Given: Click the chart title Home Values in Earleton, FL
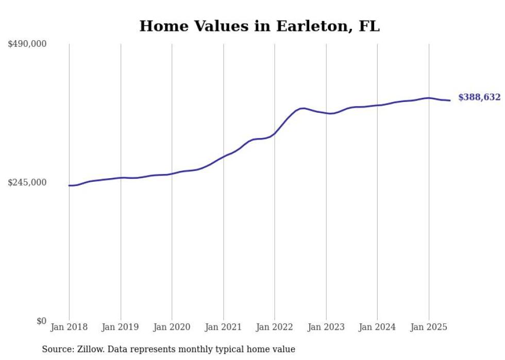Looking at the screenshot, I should click(x=259, y=26).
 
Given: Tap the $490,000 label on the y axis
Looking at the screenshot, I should click(x=27, y=44).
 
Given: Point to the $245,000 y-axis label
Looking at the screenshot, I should click(x=27, y=182).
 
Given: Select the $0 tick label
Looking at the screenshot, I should click(x=41, y=321).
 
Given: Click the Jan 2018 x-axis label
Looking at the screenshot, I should click(x=69, y=327).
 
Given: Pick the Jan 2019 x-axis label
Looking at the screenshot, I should click(x=120, y=327).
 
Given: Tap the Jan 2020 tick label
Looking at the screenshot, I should click(x=172, y=327).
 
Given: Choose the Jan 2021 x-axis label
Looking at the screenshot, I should click(x=223, y=327).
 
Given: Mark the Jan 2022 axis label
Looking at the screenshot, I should click(x=274, y=327).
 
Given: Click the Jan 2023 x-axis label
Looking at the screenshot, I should click(x=326, y=327).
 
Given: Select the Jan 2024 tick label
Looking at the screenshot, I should click(x=377, y=327).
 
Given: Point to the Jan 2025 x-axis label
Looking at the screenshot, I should click(x=428, y=327).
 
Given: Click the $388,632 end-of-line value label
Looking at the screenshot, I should click(x=479, y=97).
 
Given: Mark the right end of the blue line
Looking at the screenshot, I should click(x=450, y=100).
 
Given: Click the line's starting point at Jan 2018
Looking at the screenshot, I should click(x=69, y=185).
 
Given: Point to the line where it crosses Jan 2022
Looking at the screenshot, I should click(x=275, y=133).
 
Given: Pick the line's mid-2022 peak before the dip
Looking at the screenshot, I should click(x=303, y=108).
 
